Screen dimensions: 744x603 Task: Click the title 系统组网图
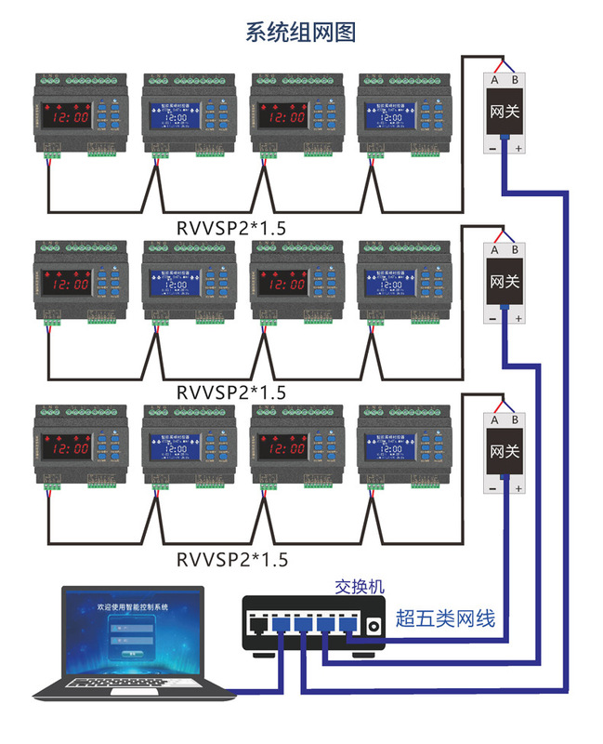point(300,33)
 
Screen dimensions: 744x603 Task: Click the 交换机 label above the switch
point(359,587)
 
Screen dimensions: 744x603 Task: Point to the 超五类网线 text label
point(445,618)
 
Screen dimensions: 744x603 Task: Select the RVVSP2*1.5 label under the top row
point(232,227)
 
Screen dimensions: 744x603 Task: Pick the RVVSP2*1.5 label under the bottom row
point(232,560)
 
